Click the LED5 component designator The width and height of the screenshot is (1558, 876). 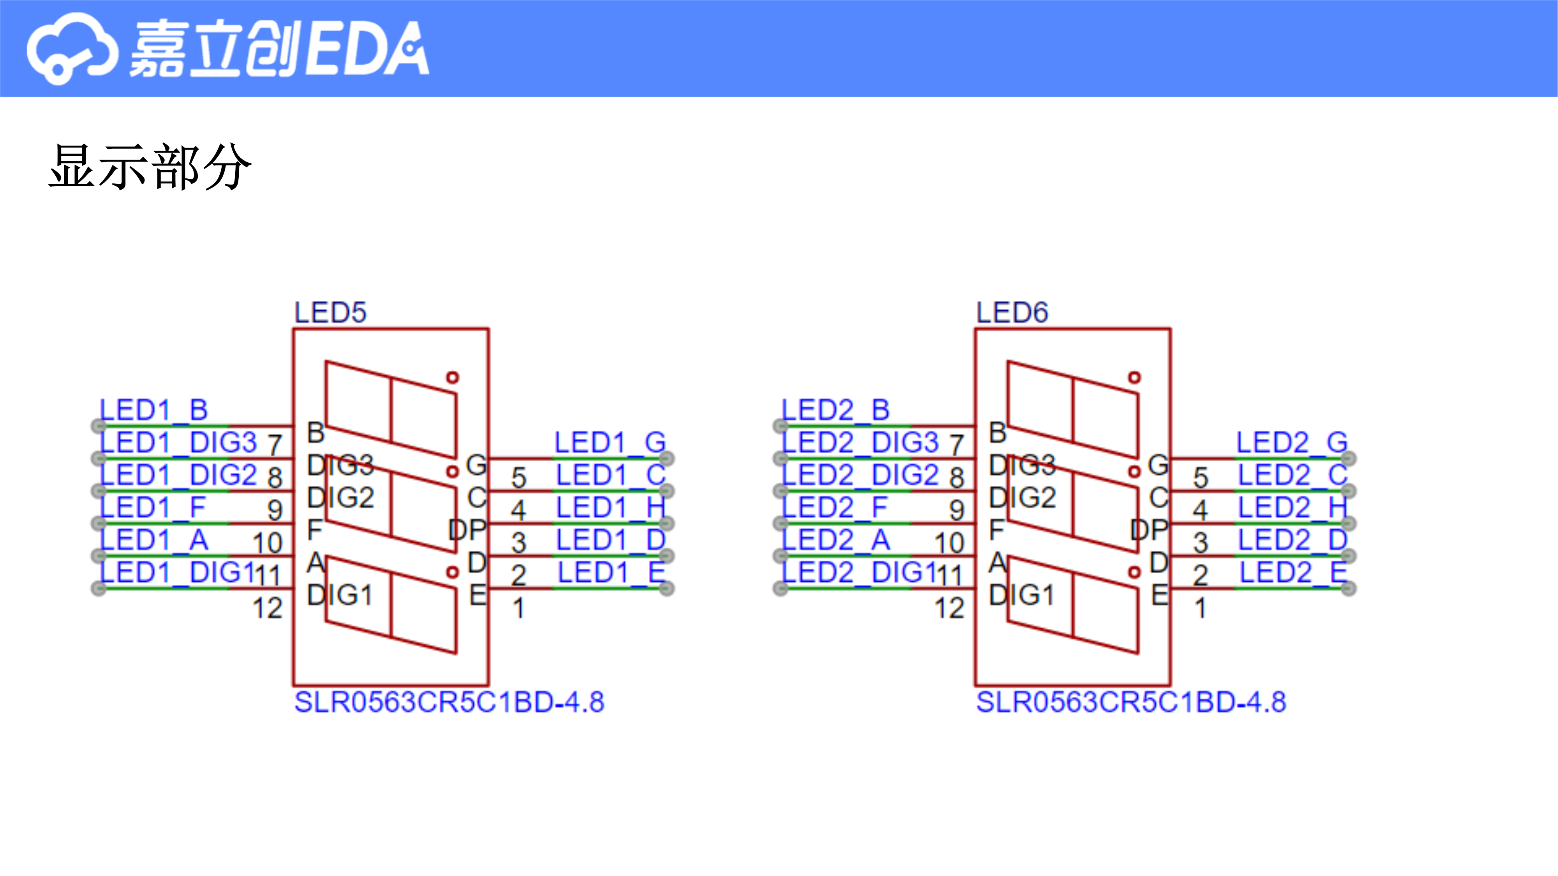click(330, 313)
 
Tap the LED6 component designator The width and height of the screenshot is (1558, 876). click(1012, 313)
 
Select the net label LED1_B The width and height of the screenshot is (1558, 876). click(153, 410)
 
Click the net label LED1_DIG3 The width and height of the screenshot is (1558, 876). click(178, 443)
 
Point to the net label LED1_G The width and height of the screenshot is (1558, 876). click(610, 443)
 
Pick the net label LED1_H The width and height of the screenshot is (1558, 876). click(611, 508)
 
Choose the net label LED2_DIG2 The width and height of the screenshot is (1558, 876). click(861, 475)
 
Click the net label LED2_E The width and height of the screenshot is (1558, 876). click(1294, 572)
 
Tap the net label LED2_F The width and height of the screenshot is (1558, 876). click(835, 508)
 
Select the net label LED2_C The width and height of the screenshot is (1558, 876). click(1293, 475)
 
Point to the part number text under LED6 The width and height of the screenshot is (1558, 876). click(1131, 702)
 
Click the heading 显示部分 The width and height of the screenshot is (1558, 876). click(150, 167)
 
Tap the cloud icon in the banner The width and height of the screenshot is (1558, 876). click(71, 48)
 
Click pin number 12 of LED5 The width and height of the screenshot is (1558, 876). click(267, 608)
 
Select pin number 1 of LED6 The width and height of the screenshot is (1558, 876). click(1200, 608)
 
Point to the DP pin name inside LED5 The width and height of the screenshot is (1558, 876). click(467, 530)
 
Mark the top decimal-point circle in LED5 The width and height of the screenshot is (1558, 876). click(452, 377)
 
